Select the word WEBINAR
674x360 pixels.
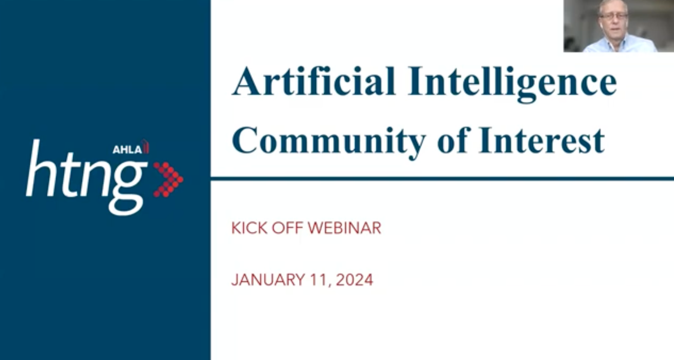tap(345, 228)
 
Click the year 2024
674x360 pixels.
tap(355, 279)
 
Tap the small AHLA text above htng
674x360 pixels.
tap(128, 149)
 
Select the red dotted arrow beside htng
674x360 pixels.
tap(168, 180)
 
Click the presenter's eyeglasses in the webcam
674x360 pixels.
tap(613, 16)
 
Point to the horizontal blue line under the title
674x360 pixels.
tap(442, 178)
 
